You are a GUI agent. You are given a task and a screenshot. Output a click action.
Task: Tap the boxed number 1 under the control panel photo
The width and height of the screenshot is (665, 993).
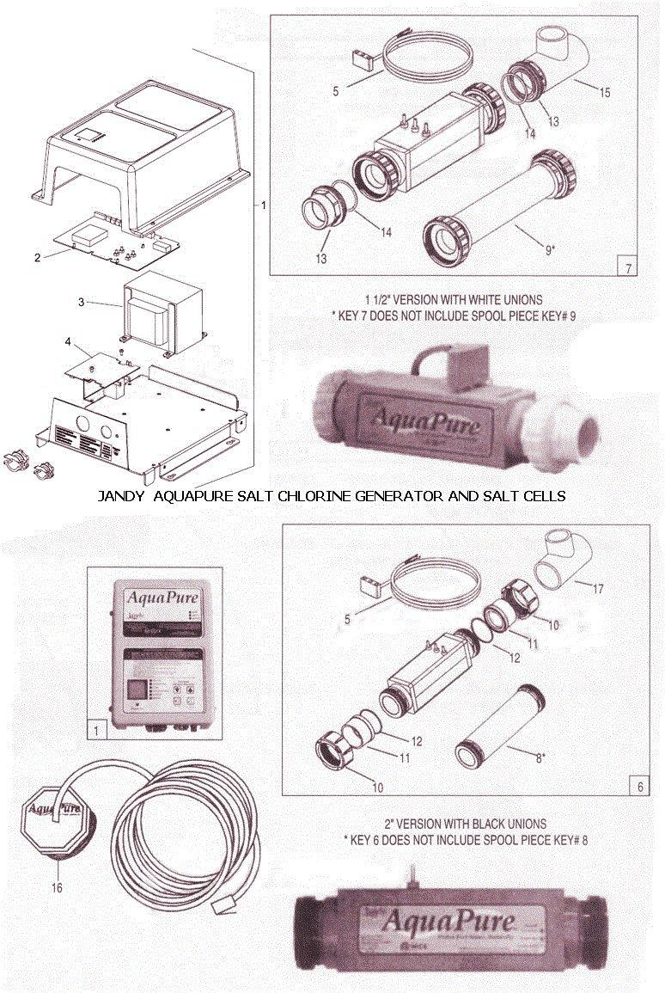click(100, 732)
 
